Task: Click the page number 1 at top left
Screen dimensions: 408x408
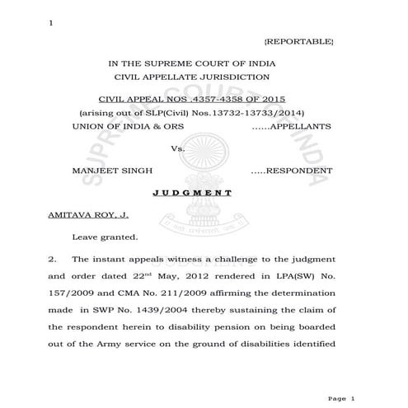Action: [x=51, y=21]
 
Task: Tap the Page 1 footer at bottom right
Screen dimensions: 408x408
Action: [x=340, y=398]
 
